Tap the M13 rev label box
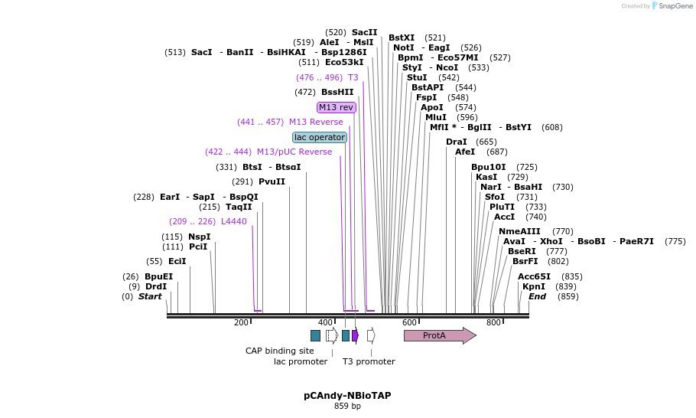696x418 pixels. coord(337,107)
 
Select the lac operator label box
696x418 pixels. coord(320,137)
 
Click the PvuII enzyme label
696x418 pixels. coord(272,181)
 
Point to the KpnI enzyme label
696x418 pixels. coord(534,286)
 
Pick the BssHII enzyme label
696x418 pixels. coord(337,92)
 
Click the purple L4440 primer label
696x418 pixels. coord(233,221)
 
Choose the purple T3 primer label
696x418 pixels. coord(353,77)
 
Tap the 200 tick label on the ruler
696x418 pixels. coord(242,322)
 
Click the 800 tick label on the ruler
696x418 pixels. coord(493,322)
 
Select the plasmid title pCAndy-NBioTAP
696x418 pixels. coord(347,395)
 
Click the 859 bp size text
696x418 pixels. coord(347,406)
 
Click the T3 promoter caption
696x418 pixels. coord(369,361)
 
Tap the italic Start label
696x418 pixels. coord(150,296)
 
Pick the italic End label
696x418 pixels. coord(537,296)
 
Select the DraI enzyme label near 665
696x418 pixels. coord(456,142)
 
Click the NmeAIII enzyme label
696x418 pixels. coord(519,231)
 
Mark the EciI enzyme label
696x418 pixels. coord(177,261)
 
